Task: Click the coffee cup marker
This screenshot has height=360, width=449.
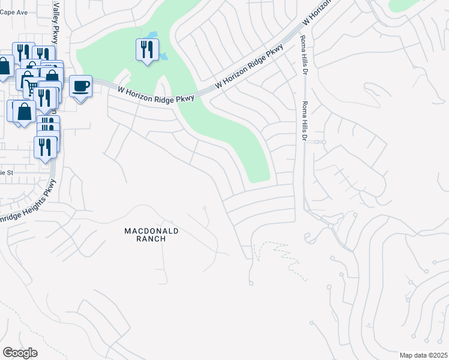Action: (x=80, y=87)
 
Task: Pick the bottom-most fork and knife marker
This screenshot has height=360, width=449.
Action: (x=44, y=146)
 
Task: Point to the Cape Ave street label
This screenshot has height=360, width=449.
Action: (x=14, y=11)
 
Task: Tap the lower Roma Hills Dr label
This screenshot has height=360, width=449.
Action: (x=305, y=122)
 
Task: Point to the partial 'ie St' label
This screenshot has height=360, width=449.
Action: (x=7, y=173)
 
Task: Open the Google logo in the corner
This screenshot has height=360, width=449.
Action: (x=20, y=353)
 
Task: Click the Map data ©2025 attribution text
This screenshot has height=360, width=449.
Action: (x=423, y=355)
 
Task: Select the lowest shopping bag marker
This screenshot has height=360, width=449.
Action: (x=25, y=112)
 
